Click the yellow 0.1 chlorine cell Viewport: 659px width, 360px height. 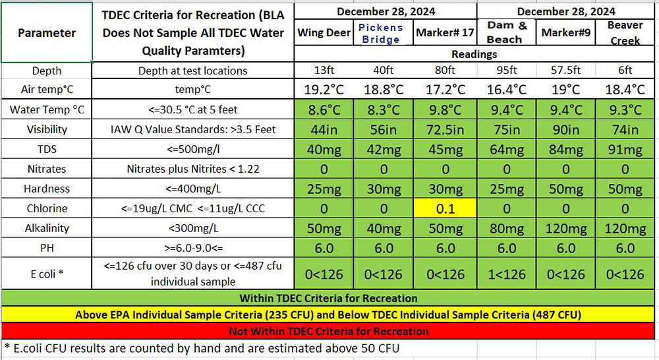tap(445, 208)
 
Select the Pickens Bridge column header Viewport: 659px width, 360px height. tap(384, 33)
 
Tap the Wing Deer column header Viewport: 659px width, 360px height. tap(324, 33)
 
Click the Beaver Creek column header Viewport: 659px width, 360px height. tap(625, 33)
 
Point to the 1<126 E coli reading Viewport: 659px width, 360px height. tap(507, 273)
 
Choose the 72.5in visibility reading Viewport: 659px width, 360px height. tap(445, 129)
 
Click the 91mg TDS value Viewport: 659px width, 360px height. tap(625, 149)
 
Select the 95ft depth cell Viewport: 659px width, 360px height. tap(507, 71)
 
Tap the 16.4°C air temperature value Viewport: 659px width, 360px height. tap(507, 90)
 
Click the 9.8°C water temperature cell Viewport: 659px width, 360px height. tap(445, 109)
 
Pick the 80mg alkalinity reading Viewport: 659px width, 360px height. tap(507, 228)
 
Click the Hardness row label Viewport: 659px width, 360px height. tap(46, 189)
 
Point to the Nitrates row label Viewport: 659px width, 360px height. tap(46, 169)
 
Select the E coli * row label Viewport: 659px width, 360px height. tap(46, 273)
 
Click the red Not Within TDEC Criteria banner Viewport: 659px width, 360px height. tap(328, 331)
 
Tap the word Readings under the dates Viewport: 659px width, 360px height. tap(474, 55)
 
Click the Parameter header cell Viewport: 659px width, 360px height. tap(46, 32)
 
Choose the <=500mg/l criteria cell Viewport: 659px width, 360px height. tap(192, 149)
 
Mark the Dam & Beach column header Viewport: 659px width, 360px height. tap(507, 33)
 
